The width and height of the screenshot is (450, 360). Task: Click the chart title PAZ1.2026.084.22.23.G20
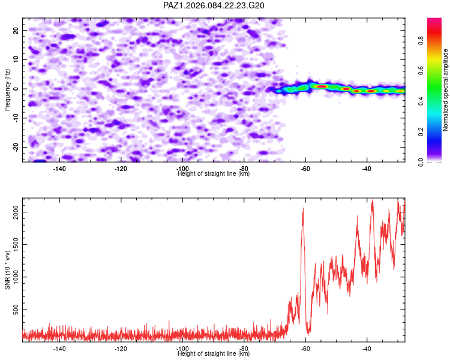coord(214,5)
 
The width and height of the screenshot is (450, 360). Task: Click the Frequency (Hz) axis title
coord(7,89)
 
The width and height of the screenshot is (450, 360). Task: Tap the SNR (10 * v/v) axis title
coord(7,269)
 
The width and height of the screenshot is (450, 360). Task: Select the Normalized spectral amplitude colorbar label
coord(445,90)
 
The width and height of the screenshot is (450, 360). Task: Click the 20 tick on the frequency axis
coord(16,30)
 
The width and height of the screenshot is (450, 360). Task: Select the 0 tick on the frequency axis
coord(19,89)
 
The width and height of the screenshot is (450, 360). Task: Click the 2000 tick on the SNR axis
coord(13,212)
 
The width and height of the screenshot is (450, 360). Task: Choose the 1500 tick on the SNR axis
coord(13,244)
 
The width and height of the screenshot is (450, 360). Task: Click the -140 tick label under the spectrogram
coord(59,169)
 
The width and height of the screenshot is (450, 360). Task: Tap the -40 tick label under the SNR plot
coord(367,349)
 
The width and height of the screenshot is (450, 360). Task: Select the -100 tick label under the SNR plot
coord(182,349)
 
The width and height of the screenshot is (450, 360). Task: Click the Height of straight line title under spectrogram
coord(214,174)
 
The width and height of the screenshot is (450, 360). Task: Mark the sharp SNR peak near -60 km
coord(303,209)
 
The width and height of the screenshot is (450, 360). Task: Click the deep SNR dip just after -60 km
coord(308,331)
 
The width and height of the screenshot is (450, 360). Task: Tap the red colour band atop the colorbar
coord(434,23)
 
